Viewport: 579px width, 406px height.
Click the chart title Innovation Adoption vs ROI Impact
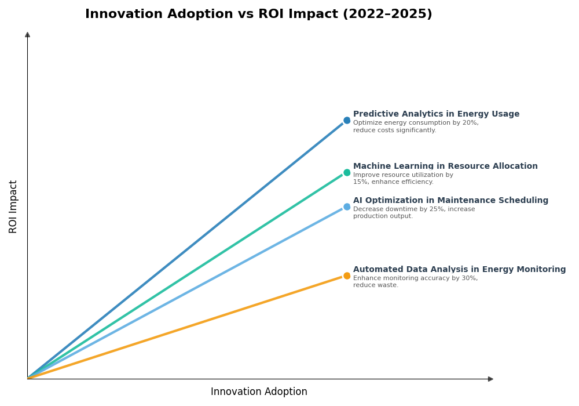click(x=258, y=14)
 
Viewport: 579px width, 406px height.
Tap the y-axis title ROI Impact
click(x=13, y=206)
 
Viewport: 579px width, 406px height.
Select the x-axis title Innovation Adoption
click(x=259, y=392)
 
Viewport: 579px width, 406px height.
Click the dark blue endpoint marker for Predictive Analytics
click(x=347, y=121)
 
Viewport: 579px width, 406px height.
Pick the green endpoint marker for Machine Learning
click(x=347, y=172)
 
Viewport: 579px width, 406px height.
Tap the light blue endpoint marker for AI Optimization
click(x=347, y=206)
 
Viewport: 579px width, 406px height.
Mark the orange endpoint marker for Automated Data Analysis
click(x=347, y=275)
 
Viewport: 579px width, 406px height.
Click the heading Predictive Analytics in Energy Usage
click(x=436, y=114)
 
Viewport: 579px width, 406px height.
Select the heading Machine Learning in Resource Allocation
click(x=445, y=166)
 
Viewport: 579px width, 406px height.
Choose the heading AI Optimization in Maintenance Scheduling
click(x=450, y=201)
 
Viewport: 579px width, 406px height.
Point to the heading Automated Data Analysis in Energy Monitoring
click(x=459, y=270)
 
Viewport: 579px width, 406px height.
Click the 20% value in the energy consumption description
click(x=470, y=123)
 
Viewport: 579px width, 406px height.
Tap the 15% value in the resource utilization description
click(x=360, y=182)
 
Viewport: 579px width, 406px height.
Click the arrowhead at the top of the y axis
click(x=27, y=35)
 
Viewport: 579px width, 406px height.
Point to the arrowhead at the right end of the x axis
click(x=490, y=379)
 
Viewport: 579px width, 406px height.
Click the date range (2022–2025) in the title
click(x=387, y=14)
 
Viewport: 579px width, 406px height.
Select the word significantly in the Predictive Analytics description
click(x=413, y=130)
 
